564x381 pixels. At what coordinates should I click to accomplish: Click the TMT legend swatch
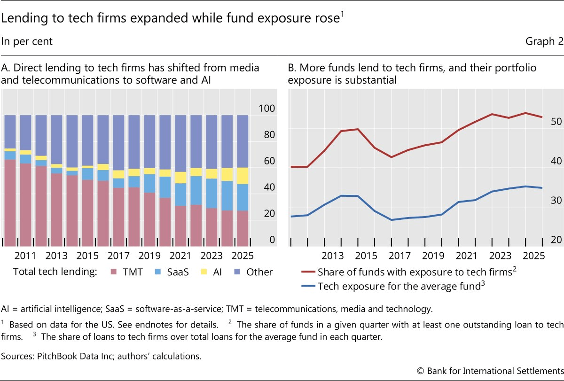coord(114,272)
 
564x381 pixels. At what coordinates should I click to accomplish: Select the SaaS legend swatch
coord(158,272)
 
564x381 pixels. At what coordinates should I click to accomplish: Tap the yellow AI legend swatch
coord(204,272)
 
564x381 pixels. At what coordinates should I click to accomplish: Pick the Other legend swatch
coord(237,272)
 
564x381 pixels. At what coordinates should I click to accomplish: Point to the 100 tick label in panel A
coord(266,109)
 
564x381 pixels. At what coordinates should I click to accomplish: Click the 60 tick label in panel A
coord(269,161)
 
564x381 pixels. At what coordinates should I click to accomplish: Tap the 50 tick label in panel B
coord(556,122)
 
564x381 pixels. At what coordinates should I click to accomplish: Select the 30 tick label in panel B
coord(556,201)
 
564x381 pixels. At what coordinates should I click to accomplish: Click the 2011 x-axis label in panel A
coord(25,256)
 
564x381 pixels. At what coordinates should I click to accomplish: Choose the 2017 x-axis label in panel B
coord(399,256)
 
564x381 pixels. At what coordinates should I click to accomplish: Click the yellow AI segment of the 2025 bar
coord(243,176)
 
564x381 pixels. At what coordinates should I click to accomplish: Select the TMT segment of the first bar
coord(10,203)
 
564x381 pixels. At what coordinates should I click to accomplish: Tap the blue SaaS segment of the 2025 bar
coord(243,197)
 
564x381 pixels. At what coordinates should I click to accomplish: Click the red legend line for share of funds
coord(308,272)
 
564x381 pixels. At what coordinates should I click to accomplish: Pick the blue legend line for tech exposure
coord(308,286)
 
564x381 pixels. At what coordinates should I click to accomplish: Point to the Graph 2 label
coord(544,41)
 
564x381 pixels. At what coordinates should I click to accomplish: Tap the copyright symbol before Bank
coord(421,371)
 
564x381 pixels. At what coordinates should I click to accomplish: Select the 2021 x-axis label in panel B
coord(467,256)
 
